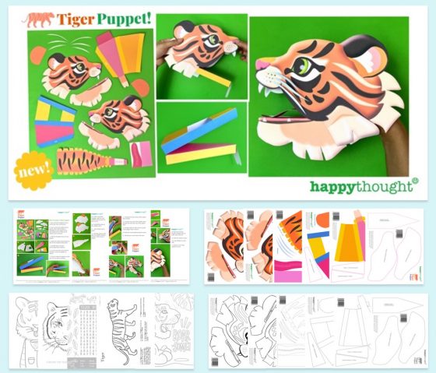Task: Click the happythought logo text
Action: point(363,186)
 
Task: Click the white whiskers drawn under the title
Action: point(54,42)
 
